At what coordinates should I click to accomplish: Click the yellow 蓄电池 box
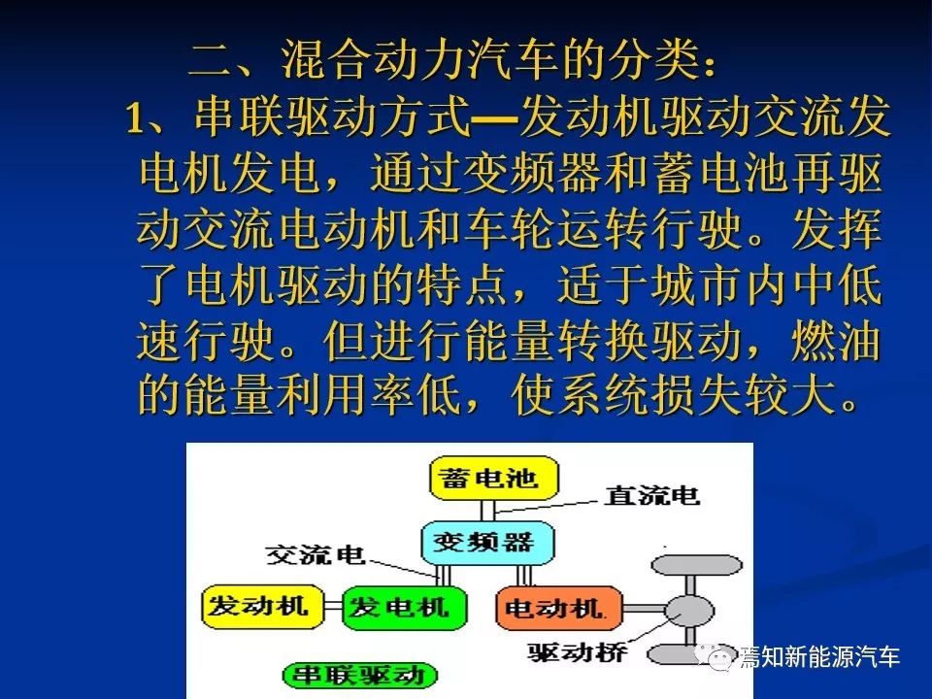494,478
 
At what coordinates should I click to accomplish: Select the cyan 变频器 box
486,543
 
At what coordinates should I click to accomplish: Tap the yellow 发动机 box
262,607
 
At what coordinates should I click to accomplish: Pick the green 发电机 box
404,608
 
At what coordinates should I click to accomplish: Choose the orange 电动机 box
559,608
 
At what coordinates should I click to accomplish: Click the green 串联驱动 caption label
359,676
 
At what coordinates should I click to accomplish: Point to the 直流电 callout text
651,495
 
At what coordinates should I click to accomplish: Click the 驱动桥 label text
577,652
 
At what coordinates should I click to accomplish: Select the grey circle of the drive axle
689,611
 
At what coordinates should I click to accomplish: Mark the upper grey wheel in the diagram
697,565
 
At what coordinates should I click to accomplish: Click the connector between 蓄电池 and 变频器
487,512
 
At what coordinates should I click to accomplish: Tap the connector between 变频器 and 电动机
524,576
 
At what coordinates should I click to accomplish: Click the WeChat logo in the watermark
715,657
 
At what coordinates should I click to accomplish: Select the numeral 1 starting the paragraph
136,117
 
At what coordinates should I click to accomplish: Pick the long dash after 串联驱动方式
494,118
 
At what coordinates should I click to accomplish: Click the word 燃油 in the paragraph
836,343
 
